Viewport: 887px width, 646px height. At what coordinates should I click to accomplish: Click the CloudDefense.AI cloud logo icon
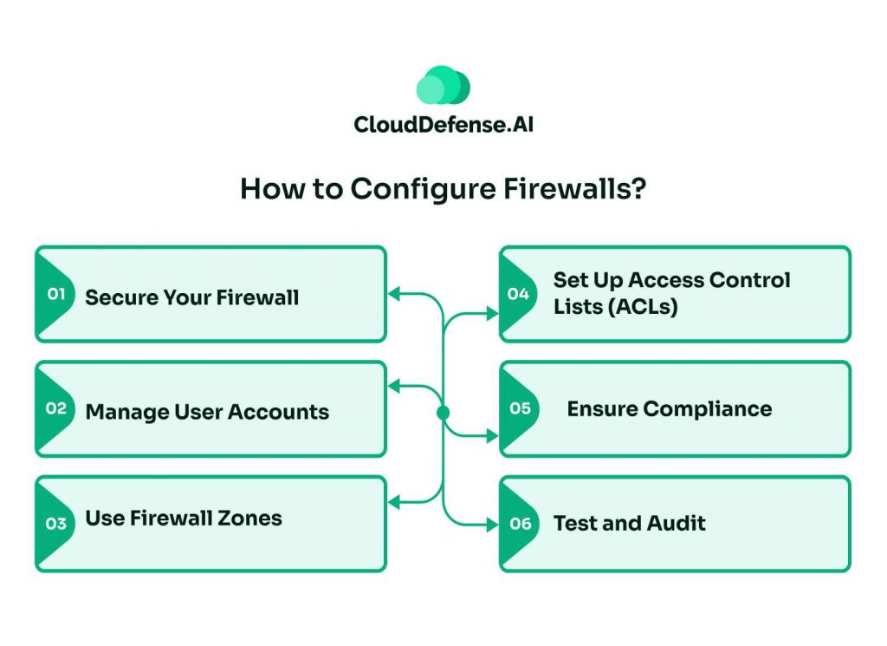point(443,86)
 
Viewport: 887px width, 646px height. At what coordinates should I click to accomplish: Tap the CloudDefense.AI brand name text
point(443,125)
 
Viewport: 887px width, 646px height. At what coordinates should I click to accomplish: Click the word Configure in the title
point(417,190)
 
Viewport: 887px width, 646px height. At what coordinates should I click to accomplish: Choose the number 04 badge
point(518,294)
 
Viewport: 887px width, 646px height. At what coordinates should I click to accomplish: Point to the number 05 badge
point(519,408)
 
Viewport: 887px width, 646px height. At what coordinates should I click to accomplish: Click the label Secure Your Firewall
point(191,297)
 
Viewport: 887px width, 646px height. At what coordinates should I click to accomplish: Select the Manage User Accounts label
point(207,412)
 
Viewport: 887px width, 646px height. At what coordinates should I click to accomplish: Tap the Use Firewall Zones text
point(184,519)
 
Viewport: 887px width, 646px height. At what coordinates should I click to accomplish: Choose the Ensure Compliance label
point(669,408)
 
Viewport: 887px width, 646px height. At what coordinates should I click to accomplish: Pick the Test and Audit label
point(629,523)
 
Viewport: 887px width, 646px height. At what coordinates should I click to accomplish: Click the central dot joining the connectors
point(443,413)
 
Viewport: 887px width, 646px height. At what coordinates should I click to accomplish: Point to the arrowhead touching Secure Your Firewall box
point(393,295)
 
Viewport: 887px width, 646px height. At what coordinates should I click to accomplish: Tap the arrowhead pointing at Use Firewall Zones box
point(393,502)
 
